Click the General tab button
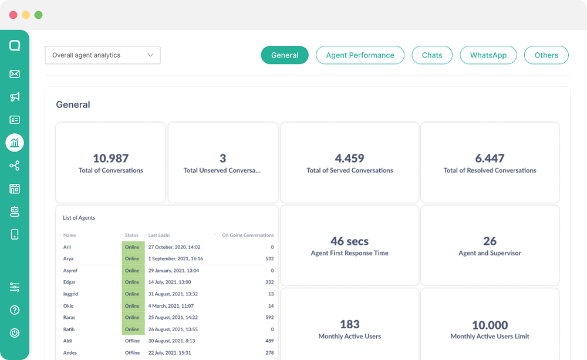285,55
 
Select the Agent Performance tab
360,55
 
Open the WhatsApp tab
488,55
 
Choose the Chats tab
432,55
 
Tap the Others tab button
546,55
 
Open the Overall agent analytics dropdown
103,55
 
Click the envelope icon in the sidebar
15,74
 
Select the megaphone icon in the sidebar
15,97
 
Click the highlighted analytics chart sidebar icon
15,142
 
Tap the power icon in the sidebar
15,333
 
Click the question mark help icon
15,310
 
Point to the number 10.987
110,158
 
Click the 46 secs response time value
349,241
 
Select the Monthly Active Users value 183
349,324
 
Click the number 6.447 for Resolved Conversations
490,158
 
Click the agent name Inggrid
72,294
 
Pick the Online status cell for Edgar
132,282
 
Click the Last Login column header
159,235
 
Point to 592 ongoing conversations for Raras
269,318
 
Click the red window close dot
13,15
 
